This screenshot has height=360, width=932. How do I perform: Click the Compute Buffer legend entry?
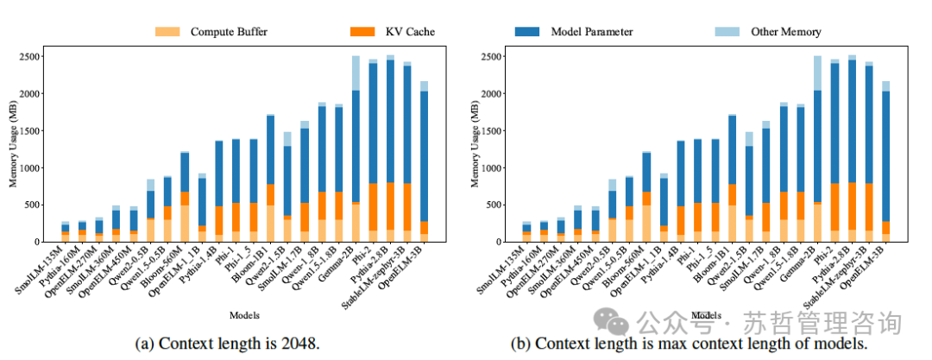pyautogui.click(x=212, y=32)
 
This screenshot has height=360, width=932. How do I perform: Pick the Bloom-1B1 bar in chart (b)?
pyautogui.click(x=733, y=181)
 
